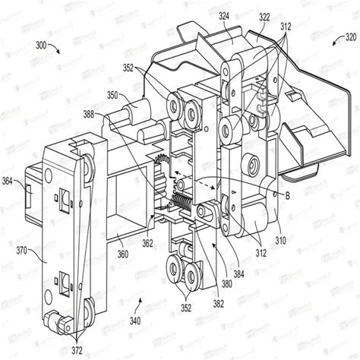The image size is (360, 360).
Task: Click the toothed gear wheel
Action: click(x=161, y=168)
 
